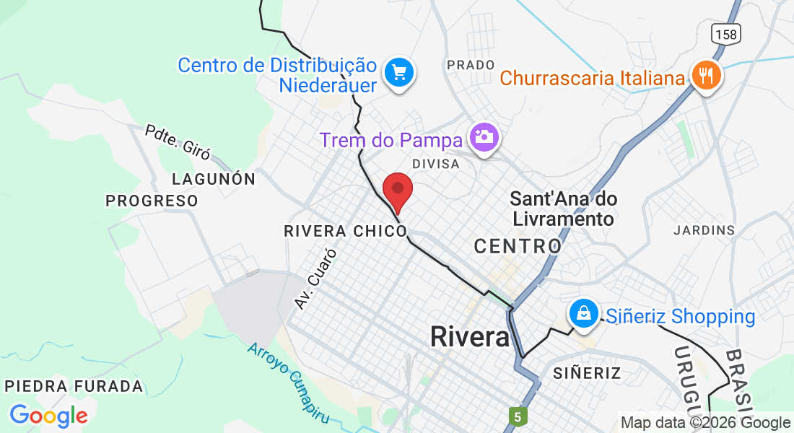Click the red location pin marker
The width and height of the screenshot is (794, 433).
click(397, 191)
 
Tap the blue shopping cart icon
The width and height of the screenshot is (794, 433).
click(399, 72)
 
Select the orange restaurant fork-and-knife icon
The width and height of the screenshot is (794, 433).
click(706, 74)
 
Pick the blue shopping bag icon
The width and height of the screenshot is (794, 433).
click(583, 313)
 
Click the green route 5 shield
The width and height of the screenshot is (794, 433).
click(517, 416)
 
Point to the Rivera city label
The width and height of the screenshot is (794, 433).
click(469, 336)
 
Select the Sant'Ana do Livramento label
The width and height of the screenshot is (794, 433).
click(563, 208)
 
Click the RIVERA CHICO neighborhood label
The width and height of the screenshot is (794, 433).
click(346, 231)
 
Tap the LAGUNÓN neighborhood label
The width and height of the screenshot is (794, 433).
click(214, 179)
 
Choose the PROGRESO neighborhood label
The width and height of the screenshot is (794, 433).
click(152, 201)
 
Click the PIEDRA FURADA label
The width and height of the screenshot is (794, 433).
click(74, 386)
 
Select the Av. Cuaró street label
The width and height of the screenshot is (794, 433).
click(315, 279)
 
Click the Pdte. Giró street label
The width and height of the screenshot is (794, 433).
click(178, 142)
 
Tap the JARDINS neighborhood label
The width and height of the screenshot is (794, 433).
click(704, 230)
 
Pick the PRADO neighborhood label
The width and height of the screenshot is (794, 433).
click(471, 65)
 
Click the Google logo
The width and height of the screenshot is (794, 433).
click(48, 416)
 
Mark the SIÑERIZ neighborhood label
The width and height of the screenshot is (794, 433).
click(587, 373)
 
